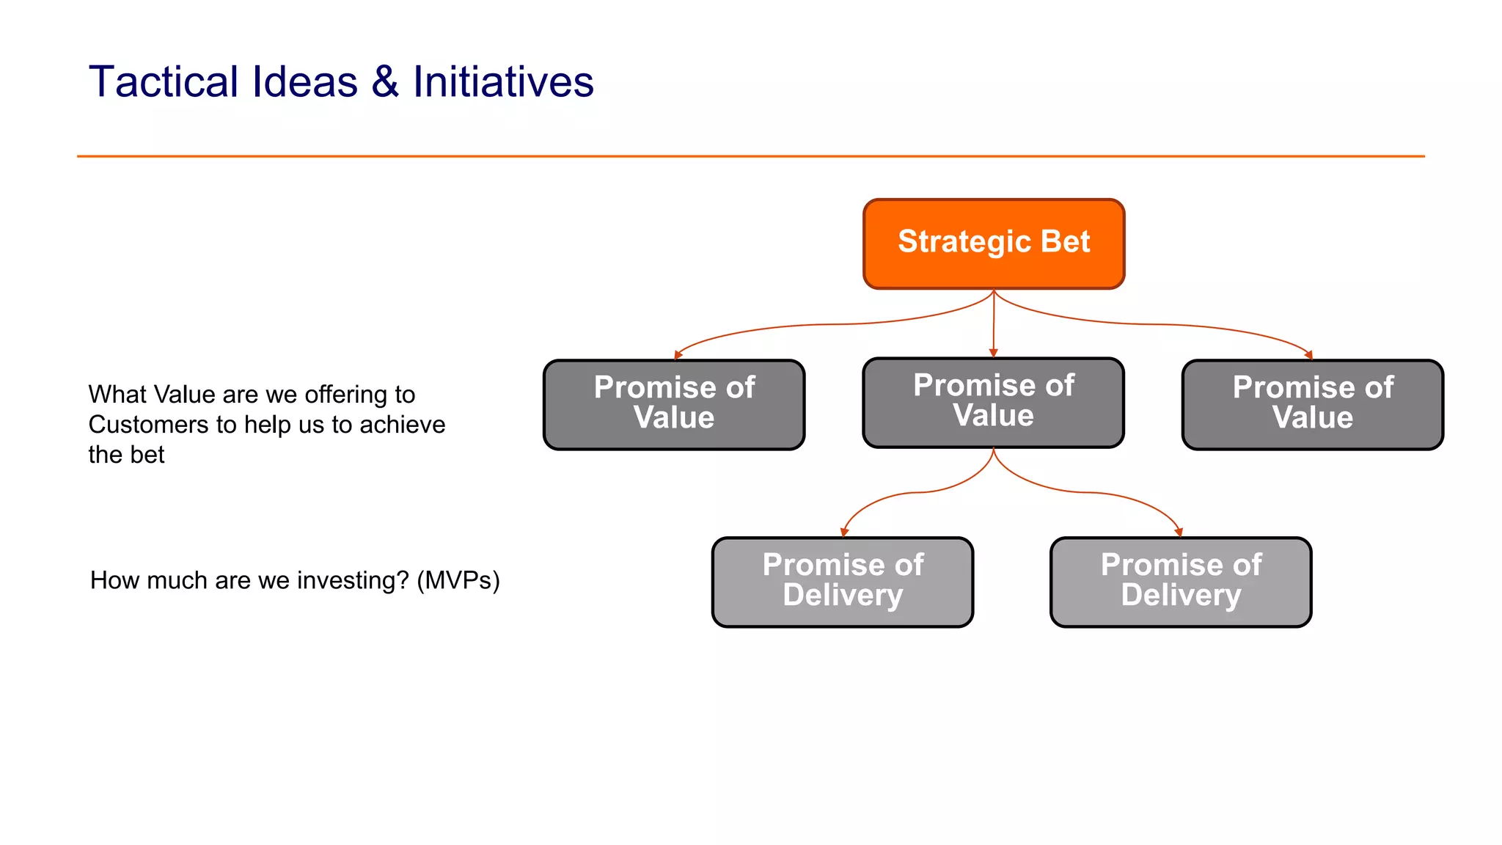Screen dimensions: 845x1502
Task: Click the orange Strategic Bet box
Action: [x=994, y=244]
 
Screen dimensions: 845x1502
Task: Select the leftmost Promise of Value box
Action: [x=674, y=405]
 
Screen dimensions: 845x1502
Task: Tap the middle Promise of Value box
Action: [x=994, y=403]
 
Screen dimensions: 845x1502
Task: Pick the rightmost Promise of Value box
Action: [x=1313, y=405]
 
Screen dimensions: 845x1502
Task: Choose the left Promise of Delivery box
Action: [x=843, y=582]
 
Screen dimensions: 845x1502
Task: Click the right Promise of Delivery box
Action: [x=1181, y=582]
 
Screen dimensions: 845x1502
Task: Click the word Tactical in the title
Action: [x=164, y=81]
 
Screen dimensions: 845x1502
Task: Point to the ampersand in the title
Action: [x=385, y=81]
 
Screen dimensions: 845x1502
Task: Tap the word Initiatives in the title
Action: [x=503, y=81]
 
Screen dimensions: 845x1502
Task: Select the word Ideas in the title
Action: [x=304, y=81]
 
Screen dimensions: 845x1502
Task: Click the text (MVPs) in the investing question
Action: [x=458, y=580]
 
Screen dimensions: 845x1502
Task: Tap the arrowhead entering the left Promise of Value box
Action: [x=678, y=355]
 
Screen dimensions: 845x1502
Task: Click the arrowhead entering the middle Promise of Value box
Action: [x=994, y=353]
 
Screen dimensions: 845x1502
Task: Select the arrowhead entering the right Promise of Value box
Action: [x=1309, y=355]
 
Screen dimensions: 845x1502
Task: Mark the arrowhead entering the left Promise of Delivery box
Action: [x=844, y=533]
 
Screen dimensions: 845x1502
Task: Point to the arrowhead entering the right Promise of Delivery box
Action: [x=1179, y=533]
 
